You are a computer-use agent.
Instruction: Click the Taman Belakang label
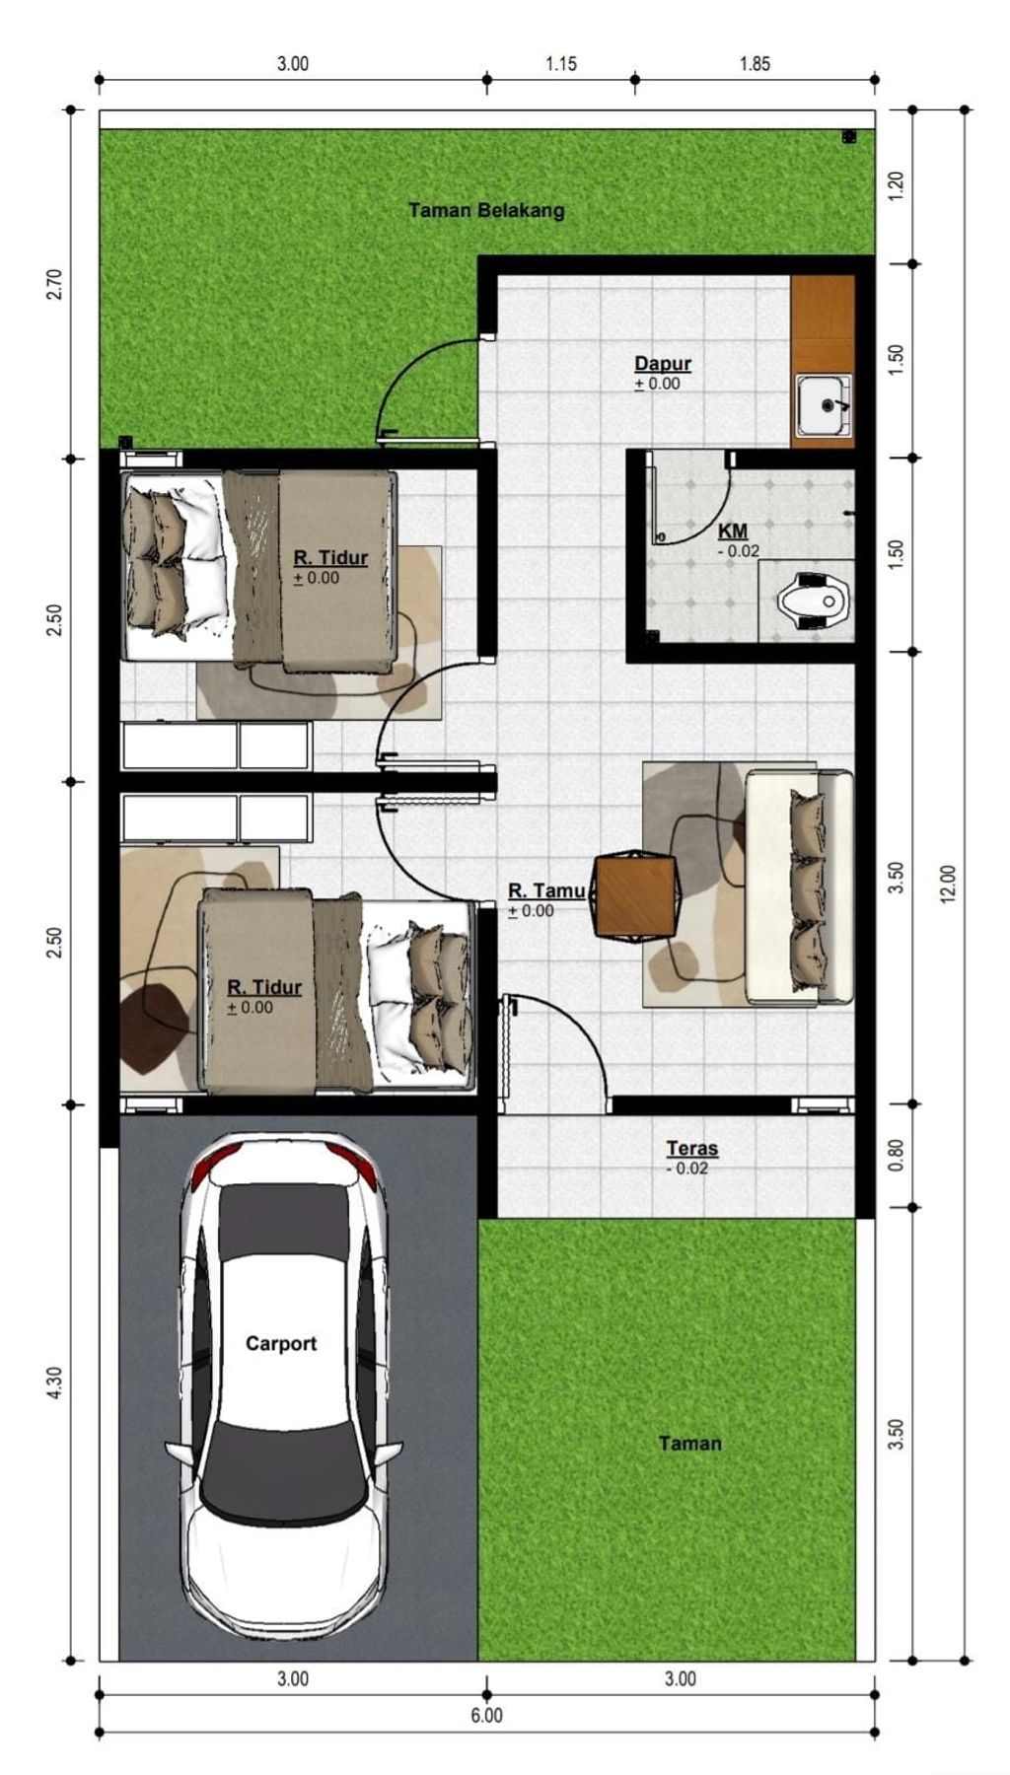(486, 210)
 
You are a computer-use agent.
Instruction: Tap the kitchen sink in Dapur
(824, 404)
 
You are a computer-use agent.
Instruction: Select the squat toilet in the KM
(814, 599)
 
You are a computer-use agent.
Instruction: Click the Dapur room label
(663, 364)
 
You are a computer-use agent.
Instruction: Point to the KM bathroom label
(733, 531)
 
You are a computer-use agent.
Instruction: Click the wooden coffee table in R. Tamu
(636, 895)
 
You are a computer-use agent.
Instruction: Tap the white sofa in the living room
(799, 887)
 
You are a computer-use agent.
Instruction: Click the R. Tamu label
(546, 890)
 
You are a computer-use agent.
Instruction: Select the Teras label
(692, 1148)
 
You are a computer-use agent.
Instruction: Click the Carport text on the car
(281, 1343)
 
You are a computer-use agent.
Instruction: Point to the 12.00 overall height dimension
(948, 884)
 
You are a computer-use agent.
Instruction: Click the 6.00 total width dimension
(486, 1715)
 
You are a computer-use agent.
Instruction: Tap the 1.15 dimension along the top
(561, 64)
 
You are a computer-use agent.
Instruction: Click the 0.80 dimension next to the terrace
(896, 1155)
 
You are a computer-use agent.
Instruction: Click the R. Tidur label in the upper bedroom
(330, 557)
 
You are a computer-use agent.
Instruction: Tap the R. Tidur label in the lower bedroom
(264, 987)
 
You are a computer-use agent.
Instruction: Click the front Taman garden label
(690, 1443)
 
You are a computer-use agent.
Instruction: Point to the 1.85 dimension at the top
(755, 64)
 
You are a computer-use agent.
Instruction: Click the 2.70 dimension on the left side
(54, 284)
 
